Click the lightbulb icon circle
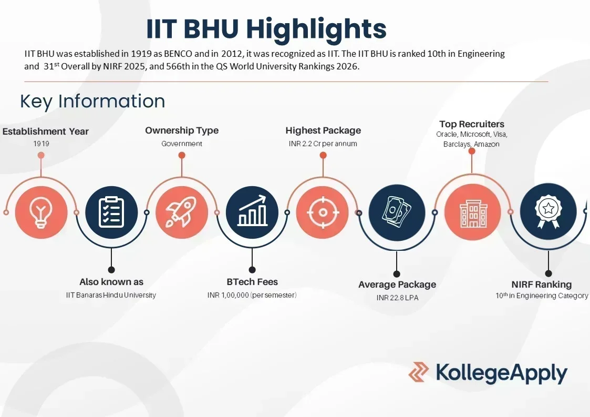41,212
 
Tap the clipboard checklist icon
111,212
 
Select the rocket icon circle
181,212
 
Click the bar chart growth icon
252,212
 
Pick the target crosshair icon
323,212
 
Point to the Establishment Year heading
46,131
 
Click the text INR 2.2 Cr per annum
323,144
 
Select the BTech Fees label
252,282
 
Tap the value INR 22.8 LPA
397,298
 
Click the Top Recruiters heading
472,124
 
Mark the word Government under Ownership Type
182,144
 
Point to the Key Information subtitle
92,101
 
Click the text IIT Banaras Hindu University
111,295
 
